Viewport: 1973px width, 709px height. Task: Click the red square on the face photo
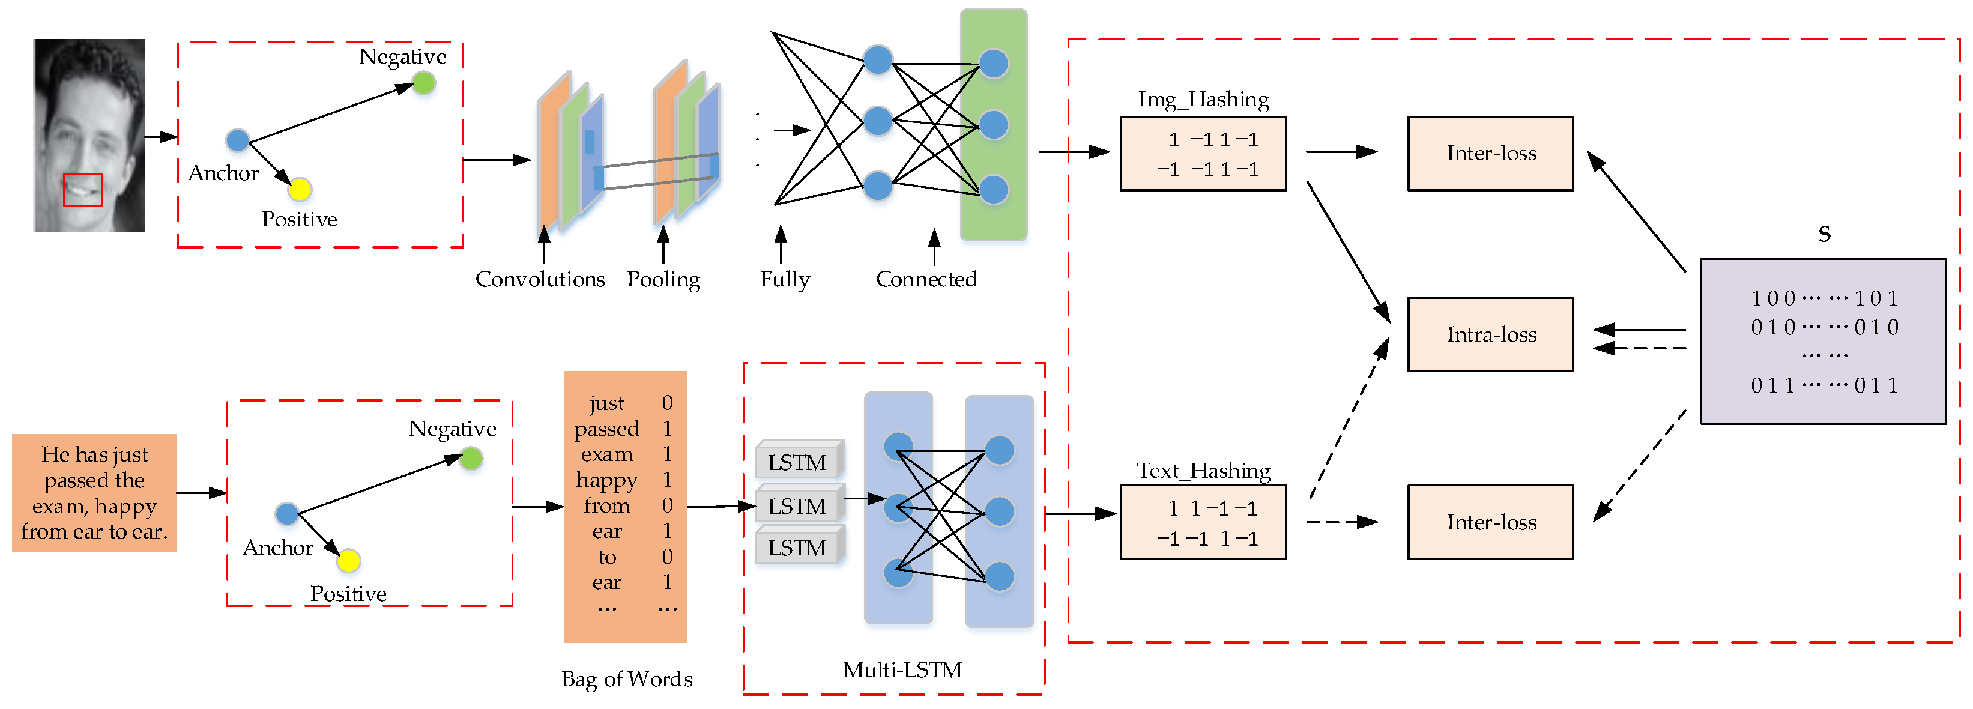83,190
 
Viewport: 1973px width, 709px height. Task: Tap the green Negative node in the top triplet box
423,83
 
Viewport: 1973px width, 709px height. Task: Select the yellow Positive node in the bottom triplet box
348,561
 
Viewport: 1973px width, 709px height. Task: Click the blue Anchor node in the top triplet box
237,140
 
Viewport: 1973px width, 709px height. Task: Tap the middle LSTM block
797,506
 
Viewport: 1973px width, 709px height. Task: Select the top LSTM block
797,462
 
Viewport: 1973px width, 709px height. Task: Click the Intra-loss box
1490,334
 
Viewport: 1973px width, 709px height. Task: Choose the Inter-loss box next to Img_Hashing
1490,153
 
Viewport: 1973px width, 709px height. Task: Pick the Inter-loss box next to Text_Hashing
1490,522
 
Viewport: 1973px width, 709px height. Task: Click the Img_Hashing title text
1203,100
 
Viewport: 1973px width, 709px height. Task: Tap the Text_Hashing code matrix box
1203,522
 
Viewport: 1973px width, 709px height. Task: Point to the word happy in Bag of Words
606,480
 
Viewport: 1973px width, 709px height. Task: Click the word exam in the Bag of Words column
606,454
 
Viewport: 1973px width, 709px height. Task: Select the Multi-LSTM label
902,670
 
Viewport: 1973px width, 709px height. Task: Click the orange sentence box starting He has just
94,493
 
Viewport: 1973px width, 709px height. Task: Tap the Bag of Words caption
626,679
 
